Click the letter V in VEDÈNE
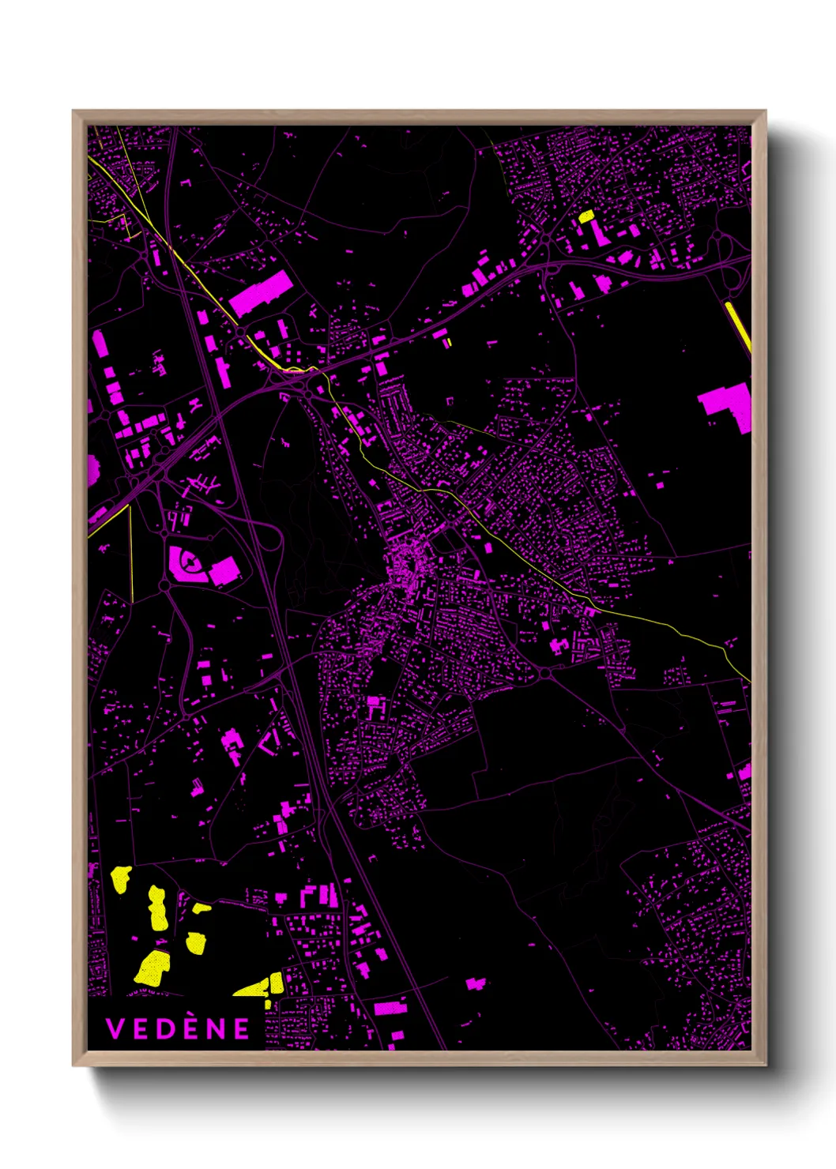pos(115,1028)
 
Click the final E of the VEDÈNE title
pos(241,1028)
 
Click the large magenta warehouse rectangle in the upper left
pos(260,294)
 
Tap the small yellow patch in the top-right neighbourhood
pos(586,216)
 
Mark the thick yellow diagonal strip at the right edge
pos(738,327)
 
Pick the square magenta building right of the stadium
pos(225,570)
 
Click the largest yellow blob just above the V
pos(153,968)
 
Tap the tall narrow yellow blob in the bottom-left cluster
pos(157,908)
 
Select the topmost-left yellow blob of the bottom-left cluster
pos(121,878)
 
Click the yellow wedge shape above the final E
pos(261,986)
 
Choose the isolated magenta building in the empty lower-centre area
pos(476,983)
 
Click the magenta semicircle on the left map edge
pos(92,469)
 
